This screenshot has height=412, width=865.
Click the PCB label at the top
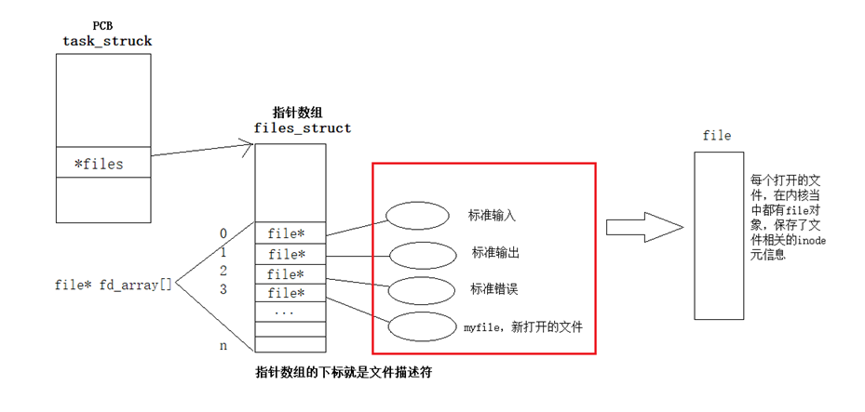(102, 25)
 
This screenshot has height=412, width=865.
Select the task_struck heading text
(107, 41)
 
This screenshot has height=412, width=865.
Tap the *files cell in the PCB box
(99, 165)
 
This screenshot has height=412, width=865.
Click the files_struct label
(302, 128)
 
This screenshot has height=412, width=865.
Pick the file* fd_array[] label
(114, 285)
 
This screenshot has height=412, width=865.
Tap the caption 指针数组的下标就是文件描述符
(344, 372)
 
